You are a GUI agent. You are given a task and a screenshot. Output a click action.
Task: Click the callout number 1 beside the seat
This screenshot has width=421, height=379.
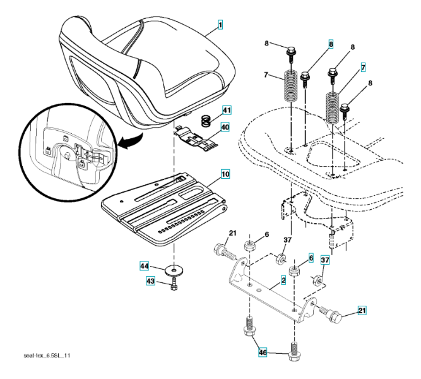tap(221, 25)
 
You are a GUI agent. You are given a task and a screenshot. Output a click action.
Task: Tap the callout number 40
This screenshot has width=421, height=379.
tap(225, 126)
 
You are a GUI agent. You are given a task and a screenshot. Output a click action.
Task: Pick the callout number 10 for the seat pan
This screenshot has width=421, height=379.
tap(225, 172)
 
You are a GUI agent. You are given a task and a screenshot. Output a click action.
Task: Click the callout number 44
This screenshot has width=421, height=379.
tap(145, 267)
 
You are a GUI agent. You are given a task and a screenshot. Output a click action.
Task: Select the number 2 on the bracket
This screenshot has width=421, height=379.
tap(284, 278)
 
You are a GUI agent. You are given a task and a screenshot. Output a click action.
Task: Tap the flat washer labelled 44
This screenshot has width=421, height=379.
tap(172, 271)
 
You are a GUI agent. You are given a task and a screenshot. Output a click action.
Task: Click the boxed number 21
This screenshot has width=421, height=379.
tap(362, 310)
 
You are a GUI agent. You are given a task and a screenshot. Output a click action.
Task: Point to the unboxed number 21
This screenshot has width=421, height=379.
tap(232, 235)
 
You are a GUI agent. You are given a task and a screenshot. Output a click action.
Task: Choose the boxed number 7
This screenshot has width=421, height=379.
tap(363, 66)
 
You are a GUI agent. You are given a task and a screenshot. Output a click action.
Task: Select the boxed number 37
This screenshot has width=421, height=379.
tap(326, 260)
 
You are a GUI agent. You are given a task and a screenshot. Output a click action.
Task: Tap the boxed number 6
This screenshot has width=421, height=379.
tap(311, 258)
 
